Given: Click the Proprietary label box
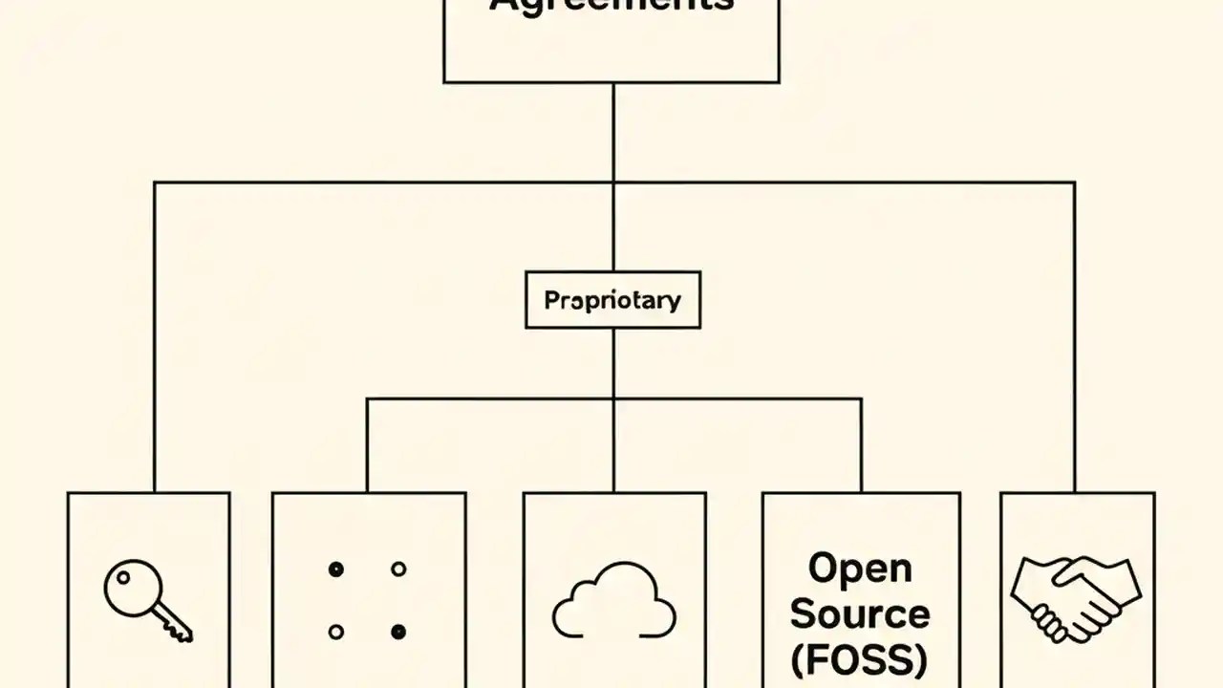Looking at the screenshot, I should [x=612, y=300].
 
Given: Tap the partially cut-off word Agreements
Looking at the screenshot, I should [x=611, y=6].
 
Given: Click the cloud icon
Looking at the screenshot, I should [x=614, y=601].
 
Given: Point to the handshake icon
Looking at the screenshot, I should [x=1075, y=598].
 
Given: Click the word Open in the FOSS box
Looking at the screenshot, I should [x=860, y=568].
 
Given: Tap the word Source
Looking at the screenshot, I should [x=860, y=613].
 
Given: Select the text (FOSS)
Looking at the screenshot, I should [x=860, y=658].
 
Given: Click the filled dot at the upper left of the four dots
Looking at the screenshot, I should [x=335, y=570].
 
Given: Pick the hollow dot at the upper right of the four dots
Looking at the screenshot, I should [x=398, y=570].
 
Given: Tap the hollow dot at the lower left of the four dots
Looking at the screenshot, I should [x=335, y=632].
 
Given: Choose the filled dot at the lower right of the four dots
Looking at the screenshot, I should [x=398, y=632].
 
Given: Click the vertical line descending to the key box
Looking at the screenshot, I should [x=154, y=334].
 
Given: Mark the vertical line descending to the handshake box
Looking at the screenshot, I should [x=1075, y=334].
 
